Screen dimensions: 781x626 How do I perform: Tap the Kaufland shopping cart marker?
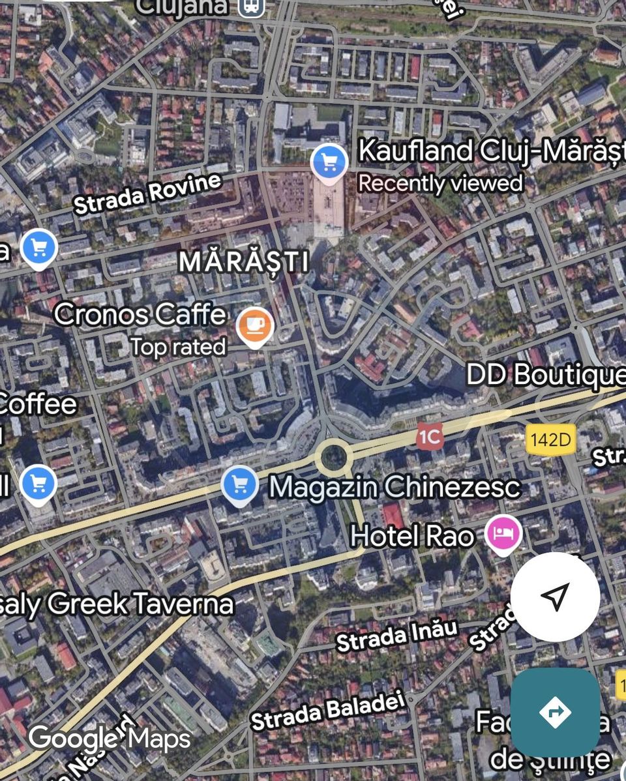[x=329, y=161]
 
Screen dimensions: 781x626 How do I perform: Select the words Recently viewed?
[x=440, y=183]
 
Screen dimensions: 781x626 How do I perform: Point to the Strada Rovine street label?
[x=147, y=194]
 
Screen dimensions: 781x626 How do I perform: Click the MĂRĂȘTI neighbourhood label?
[x=244, y=261]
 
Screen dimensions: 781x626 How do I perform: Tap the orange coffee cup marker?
[x=255, y=324]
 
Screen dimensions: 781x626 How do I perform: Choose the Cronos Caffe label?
[x=140, y=314]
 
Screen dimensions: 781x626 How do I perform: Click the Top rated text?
[x=178, y=346]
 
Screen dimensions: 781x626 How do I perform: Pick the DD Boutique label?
[x=545, y=376]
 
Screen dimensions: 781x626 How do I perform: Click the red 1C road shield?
[x=430, y=437]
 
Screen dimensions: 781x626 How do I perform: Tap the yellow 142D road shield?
[x=550, y=440]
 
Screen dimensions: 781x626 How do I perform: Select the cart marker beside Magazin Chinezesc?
[x=239, y=484]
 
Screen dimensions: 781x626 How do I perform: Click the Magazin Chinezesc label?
[x=395, y=486]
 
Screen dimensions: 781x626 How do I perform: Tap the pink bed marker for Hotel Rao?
[x=503, y=533]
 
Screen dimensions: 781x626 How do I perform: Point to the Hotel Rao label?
[x=412, y=536]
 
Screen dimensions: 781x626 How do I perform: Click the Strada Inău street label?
[x=396, y=636]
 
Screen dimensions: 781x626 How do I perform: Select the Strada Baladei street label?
[x=328, y=711]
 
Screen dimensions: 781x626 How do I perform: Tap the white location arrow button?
[x=555, y=597]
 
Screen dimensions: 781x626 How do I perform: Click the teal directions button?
[x=555, y=712]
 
